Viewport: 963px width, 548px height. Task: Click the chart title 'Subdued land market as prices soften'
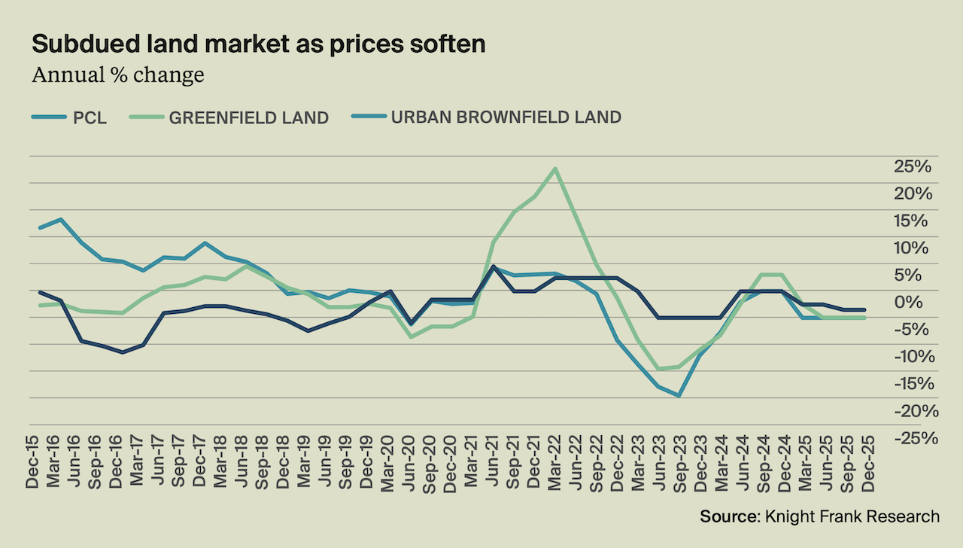tap(258, 44)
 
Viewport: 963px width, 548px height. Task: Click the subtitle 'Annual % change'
tap(118, 75)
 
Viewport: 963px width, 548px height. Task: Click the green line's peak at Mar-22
tap(555, 168)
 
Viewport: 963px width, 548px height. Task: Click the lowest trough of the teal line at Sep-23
tap(679, 395)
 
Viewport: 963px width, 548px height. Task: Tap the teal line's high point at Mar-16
tap(60, 220)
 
